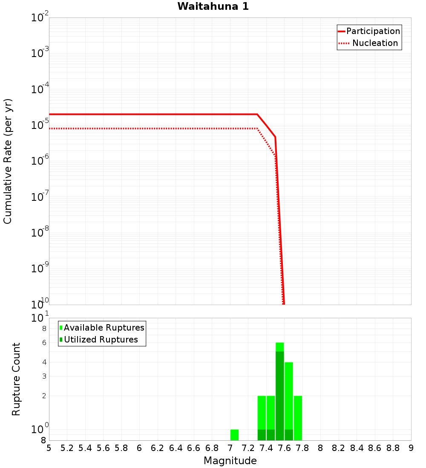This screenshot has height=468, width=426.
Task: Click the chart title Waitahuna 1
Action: [213, 6]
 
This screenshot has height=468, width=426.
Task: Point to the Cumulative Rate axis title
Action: [8, 161]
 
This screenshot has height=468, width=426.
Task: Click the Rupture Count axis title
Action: [16, 379]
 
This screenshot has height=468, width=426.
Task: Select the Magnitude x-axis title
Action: [230, 461]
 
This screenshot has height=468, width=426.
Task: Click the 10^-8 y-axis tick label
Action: [40, 232]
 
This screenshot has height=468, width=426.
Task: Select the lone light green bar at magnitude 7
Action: [234, 435]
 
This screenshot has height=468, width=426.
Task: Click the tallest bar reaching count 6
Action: [279, 391]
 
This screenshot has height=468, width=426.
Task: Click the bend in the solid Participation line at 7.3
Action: [257, 114]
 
